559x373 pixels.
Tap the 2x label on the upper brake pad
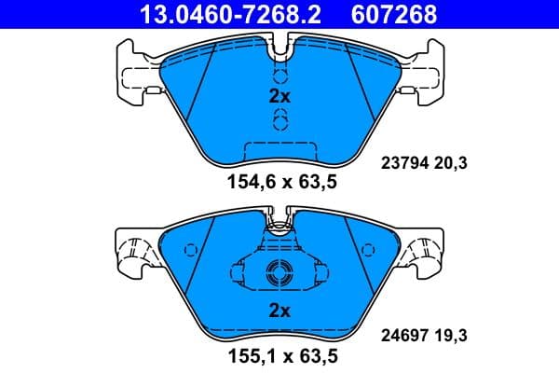pos(279,97)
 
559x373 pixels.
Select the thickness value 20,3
pos(451,163)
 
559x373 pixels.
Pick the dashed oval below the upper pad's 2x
pos(279,118)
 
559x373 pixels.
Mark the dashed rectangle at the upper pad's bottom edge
pos(279,149)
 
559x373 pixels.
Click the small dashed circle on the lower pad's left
pos(191,250)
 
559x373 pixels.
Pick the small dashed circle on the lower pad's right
pos(368,250)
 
